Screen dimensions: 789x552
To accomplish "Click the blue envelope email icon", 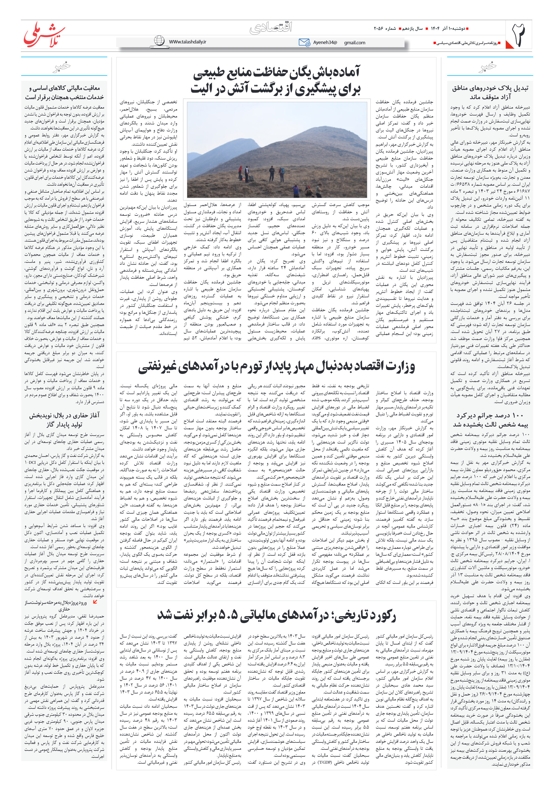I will point(304,42).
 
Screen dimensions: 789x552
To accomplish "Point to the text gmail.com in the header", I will point(354,43).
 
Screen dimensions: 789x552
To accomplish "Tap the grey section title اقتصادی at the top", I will point(271,27).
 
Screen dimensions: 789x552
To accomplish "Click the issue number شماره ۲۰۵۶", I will point(385,28).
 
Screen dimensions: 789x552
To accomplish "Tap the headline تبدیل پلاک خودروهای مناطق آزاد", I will point(490,92).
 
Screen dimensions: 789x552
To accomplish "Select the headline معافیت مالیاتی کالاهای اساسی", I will point(64,92).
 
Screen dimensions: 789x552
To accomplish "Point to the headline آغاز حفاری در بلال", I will point(64,420).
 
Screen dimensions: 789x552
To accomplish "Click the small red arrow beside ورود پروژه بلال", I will point(95,601).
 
